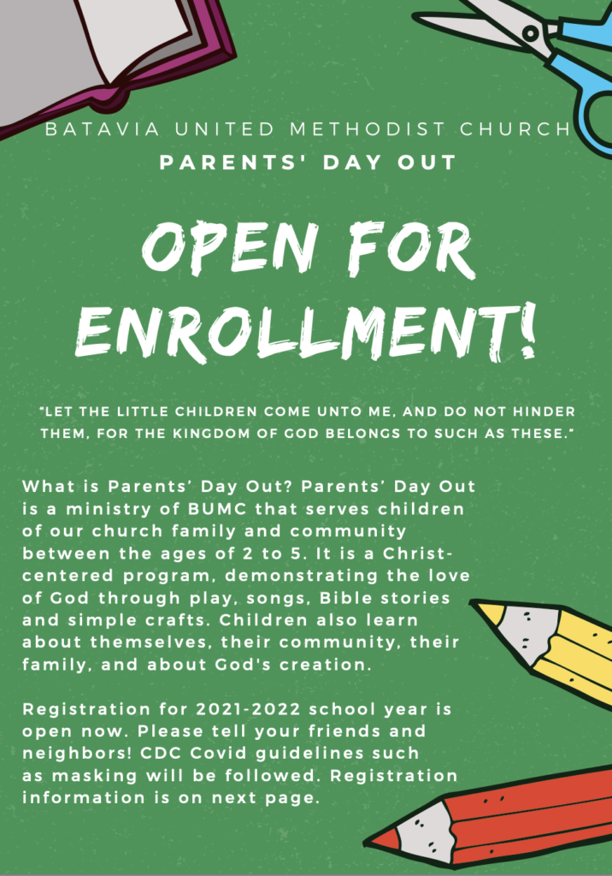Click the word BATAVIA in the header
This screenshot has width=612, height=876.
point(103,129)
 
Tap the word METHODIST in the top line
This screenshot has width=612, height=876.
point(368,129)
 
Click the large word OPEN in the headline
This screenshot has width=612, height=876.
point(229,247)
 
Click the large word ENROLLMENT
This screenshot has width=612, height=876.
point(293,334)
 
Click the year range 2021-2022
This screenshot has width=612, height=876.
point(248,709)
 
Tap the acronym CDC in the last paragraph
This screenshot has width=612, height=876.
point(162,753)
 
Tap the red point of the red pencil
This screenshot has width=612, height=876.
point(382,839)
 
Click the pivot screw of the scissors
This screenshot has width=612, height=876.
point(530,33)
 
